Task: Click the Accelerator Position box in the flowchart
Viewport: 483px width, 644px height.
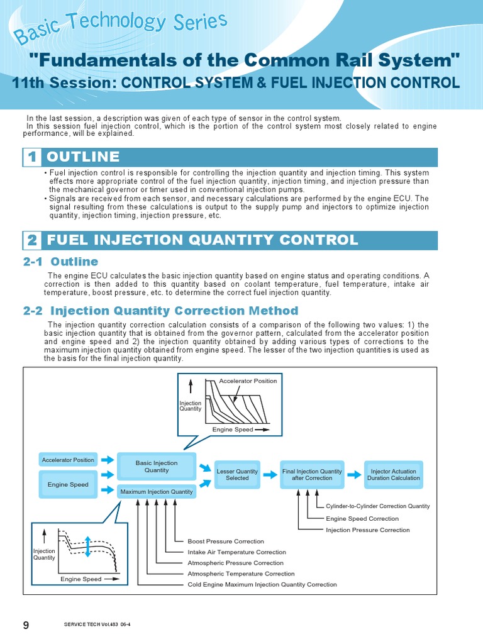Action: tap(68, 460)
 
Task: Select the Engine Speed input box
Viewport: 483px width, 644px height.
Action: tap(68, 485)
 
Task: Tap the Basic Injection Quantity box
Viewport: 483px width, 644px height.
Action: tap(157, 467)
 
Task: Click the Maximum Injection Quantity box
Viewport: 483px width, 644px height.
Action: tap(157, 492)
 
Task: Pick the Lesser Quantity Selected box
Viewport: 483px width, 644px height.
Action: tap(237, 474)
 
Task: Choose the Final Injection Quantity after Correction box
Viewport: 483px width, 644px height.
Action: tap(312, 474)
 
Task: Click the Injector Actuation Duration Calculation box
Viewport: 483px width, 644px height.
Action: tap(394, 474)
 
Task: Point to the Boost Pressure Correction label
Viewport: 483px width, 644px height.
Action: tap(226, 541)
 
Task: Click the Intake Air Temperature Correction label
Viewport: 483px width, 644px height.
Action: tap(236, 552)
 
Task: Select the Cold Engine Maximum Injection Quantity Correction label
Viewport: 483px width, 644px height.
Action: tap(262, 584)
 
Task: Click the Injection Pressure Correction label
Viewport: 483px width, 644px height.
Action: tap(367, 530)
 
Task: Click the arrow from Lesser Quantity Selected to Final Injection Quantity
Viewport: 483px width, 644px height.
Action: tap(269, 475)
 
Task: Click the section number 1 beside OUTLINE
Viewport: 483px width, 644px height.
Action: tap(31, 157)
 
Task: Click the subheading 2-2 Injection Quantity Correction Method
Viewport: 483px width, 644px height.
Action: tap(160, 311)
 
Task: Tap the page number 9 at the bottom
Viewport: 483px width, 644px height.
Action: tap(26, 625)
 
